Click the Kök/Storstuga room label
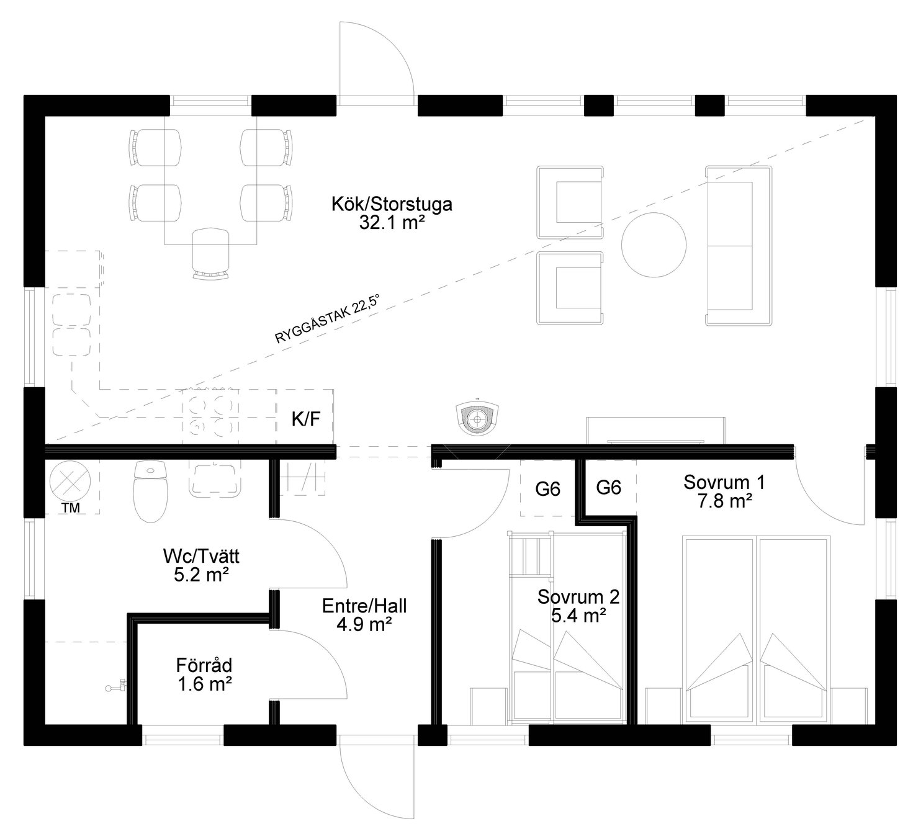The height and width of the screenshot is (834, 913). (392, 204)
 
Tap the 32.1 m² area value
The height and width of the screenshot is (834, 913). (392, 223)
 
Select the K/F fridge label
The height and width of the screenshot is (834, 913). (306, 419)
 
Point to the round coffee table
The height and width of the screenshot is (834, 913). (653, 245)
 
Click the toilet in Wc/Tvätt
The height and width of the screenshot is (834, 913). (150, 491)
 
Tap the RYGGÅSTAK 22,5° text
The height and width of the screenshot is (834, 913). (326, 319)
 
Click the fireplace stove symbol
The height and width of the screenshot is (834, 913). (477, 418)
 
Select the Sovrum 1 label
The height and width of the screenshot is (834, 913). (724, 482)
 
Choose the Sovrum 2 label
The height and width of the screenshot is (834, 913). (578, 597)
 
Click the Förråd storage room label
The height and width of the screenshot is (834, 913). (204, 665)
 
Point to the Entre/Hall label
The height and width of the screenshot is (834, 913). (364, 606)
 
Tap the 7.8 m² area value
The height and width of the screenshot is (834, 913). (724, 501)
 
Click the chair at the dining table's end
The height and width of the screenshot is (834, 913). (210, 254)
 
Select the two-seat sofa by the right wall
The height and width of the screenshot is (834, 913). (738, 245)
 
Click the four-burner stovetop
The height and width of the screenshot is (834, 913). (211, 416)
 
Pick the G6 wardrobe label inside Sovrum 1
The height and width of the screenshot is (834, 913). (608, 488)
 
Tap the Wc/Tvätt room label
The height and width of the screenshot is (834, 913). (200, 556)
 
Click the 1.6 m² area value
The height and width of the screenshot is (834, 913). (205, 684)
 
